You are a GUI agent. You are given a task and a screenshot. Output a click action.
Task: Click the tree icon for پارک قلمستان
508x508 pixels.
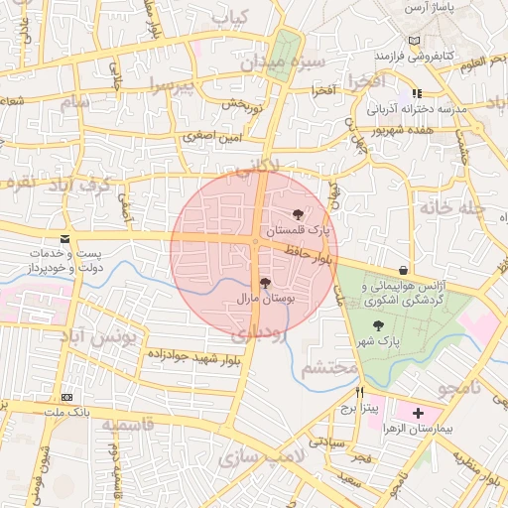297,214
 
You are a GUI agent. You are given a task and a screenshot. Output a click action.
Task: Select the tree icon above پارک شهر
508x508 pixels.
377,324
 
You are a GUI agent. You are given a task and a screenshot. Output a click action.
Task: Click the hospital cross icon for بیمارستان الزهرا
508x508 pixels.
417,412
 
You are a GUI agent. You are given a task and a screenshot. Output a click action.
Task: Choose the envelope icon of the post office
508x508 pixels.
64,240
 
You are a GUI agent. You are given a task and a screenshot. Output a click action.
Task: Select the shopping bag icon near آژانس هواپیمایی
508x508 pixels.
402,270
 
